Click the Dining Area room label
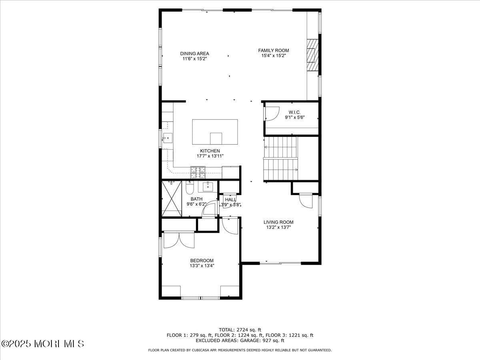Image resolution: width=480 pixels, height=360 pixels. click(194, 53)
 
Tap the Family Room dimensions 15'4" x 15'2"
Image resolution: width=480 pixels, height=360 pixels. click(274, 56)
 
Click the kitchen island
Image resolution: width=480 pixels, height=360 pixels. click(215, 132)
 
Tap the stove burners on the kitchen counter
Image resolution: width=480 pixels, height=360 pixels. click(198, 172)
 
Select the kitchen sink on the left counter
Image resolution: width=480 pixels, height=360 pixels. click(167, 139)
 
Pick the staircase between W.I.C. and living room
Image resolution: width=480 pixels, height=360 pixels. click(281, 158)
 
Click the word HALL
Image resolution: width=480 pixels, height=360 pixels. click(230, 199)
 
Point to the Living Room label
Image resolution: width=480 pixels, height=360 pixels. click(278, 222)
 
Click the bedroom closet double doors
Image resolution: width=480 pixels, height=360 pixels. click(179, 240)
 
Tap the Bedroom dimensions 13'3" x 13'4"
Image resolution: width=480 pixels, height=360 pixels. click(202, 265)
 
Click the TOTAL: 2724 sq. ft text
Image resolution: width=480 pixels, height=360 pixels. click(240, 330)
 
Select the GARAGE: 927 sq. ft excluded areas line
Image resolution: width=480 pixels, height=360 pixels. click(240, 341)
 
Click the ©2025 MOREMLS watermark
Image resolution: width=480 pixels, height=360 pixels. click(43, 344)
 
